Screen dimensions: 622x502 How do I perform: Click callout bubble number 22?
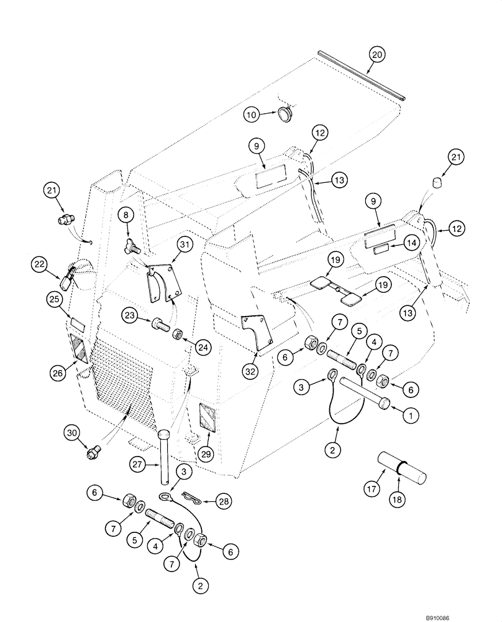pos(40,265)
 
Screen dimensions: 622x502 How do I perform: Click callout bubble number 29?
pos(206,455)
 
